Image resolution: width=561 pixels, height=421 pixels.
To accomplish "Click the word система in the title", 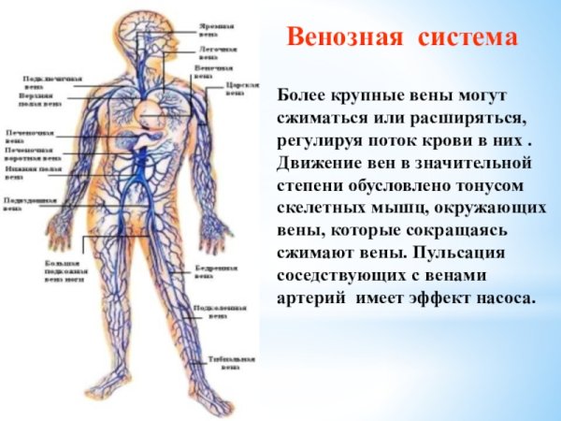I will (x=469, y=37).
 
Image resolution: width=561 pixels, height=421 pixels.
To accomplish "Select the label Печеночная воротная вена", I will (x=34, y=153).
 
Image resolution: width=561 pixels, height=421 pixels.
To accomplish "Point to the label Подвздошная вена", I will (x=27, y=203).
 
